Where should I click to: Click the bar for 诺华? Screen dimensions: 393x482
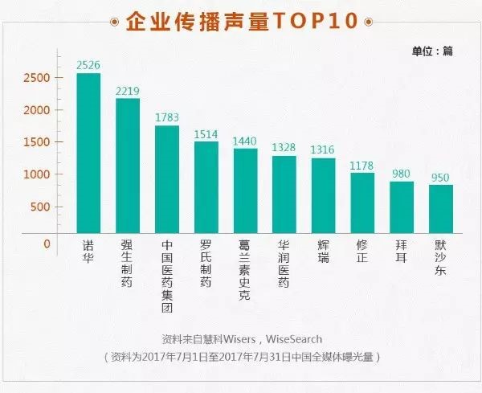[x=88, y=154]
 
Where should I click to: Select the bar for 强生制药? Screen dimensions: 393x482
[x=128, y=166]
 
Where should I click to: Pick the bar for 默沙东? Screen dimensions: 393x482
[x=441, y=209]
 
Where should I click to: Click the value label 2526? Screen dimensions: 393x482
[x=88, y=65]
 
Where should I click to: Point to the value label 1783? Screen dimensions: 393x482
[x=167, y=118]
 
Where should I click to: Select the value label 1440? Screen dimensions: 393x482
[x=245, y=141]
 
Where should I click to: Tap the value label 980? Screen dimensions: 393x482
[x=402, y=174]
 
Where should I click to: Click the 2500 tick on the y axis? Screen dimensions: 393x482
[x=37, y=78]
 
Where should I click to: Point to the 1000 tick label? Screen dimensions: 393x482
[x=37, y=174]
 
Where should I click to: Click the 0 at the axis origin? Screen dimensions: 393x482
[x=47, y=244]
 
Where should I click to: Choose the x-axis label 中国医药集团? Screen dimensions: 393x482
[x=167, y=274]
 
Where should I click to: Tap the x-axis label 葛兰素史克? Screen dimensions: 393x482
[x=245, y=268]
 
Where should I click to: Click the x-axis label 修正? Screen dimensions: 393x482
[x=362, y=252]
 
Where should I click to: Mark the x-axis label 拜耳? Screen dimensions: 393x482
[x=402, y=252]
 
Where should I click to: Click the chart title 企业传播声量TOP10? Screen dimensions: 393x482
[x=241, y=22]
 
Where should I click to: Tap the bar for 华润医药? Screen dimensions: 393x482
[x=284, y=194]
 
